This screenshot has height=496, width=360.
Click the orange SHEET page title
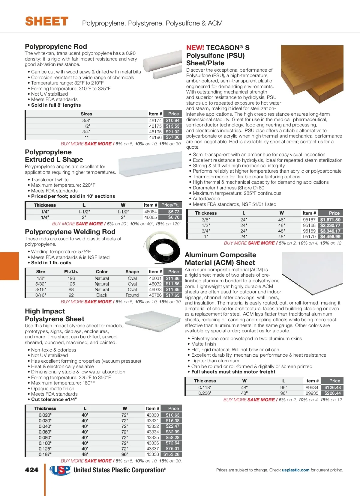(47, 22)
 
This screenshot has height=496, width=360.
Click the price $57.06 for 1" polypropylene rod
(172, 137)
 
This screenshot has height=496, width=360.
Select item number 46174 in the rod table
(155, 120)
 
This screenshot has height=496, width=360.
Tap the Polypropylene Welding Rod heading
(70, 232)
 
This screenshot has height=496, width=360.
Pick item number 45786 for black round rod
(155, 295)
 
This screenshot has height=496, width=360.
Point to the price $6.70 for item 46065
(174, 217)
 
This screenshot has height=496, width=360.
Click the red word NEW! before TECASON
(195, 48)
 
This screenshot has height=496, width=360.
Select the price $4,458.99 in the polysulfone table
(330, 236)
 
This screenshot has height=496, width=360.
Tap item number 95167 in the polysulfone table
(309, 220)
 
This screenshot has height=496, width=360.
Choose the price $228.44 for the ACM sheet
(333, 393)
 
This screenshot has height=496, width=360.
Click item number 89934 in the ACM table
(312, 388)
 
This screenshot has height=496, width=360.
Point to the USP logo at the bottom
(60, 470)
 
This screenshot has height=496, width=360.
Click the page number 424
(31, 470)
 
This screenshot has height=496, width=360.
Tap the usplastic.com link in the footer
(295, 470)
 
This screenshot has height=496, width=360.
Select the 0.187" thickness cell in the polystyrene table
(45, 454)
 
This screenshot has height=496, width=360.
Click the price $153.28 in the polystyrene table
(172, 454)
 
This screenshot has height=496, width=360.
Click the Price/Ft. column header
(170, 205)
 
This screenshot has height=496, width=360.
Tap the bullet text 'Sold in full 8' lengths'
(56, 105)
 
